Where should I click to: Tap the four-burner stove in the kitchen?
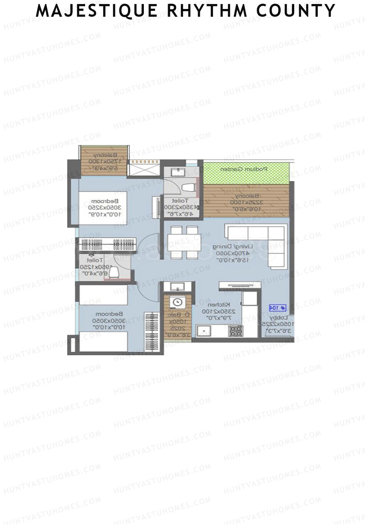236,331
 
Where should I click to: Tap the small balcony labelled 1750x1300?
104,161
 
